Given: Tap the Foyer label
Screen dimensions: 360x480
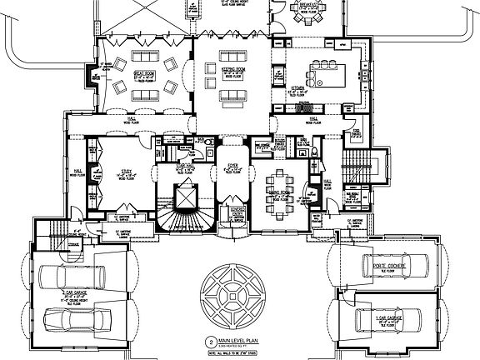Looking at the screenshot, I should (233, 167).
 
